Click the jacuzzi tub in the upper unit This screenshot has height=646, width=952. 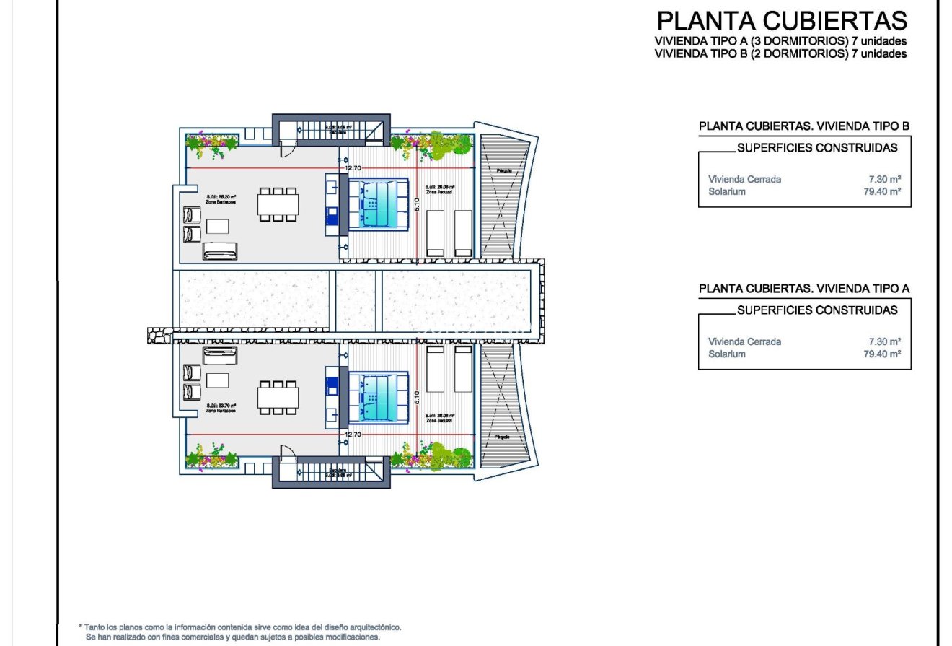pyautogui.click(x=379, y=204)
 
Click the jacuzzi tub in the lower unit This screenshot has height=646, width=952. pyautogui.click(x=379, y=397)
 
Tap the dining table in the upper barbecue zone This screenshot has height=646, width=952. pyautogui.click(x=278, y=204)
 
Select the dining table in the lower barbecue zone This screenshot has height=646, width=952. pyautogui.click(x=278, y=397)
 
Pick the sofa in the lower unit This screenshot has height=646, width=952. pyautogui.click(x=220, y=356)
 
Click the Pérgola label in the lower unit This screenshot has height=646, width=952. pyautogui.click(x=503, y=437)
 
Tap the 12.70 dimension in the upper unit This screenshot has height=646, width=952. pyautogui.click(x=353, y=168)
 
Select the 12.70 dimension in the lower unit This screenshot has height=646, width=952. pyautogui.click(x=353, y=435)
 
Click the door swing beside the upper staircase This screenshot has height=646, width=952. pyautogui.click(x=287, y=150)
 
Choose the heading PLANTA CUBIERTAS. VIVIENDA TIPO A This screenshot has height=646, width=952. pyautogui.click(x=803, y=289)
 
